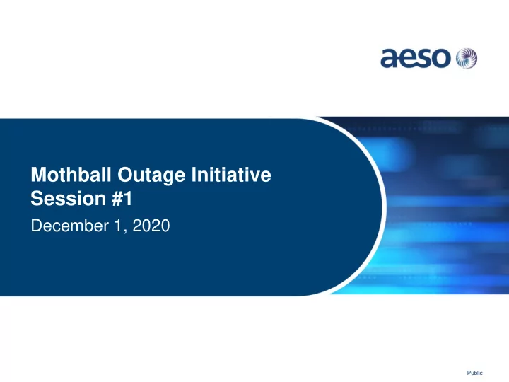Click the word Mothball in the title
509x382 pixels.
pyautogui.click(x=71, y=175)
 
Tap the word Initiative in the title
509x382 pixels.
pyautogui.click(x=231, y=175)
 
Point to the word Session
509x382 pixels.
pyautogui.click(x=69, y=198)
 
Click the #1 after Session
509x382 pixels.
pyautogui.click(x=122, y=198)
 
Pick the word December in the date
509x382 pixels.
pyautogui.click(x=70, y=226)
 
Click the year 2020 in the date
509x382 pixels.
pyautogui.click(x=151, y=226)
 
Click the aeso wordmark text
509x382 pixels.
pyautogui.click(x=416, y=59)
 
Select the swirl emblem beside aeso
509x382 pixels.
pyautogui.click(x=467, y=59)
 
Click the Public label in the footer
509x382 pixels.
pyautogui.click(x=474, y=373)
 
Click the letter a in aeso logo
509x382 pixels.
pyautogui.click(x=390, y=59)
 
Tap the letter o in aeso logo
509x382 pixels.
pyautogui.click(x=442, y=59)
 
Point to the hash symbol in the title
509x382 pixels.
pyautogui.click(x=117, y=199)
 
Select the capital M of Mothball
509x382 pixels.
pyautogui.click(x=38, y=175)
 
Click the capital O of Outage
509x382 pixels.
pyautogui.click(x=125, y=175)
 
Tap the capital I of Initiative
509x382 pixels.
pyautogui.click(x=193, y=175)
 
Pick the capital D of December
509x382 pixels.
pyautogui.click(x=37, y=226)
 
